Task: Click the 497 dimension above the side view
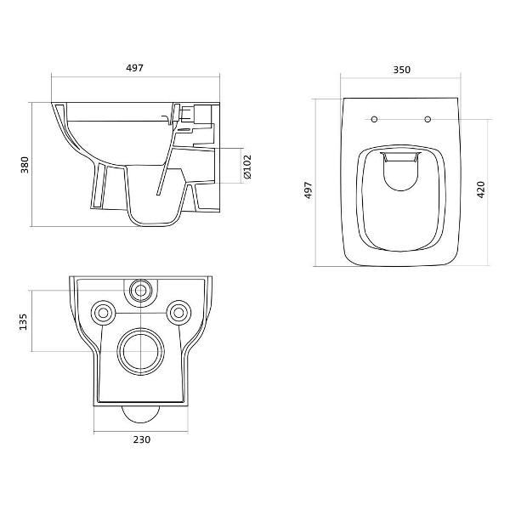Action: coord(134,68)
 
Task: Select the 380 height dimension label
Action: coord(25,165)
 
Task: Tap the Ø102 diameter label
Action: coord(247,167)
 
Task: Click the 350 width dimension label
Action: coord(402,70)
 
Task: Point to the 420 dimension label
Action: coord(481,190)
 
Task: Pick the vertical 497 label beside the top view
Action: coord(308,190)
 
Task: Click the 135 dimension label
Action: coord(24,322)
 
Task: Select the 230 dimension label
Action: coord(142,439)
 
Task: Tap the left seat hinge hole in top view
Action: coord(374,119)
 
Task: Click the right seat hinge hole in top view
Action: coord(428,119)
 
